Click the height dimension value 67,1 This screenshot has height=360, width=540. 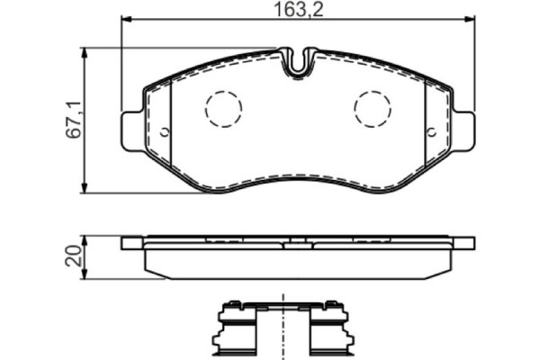tap(74, 120)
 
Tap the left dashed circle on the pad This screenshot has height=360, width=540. tap(223, 110)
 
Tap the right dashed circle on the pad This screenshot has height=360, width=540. tap(373, 110)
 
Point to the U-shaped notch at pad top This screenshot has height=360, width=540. tap(298, 63)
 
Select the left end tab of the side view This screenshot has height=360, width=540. tap(131, 242)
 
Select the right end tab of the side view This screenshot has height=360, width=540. tap(464, 242)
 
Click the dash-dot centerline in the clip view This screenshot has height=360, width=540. tap(282, 324)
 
